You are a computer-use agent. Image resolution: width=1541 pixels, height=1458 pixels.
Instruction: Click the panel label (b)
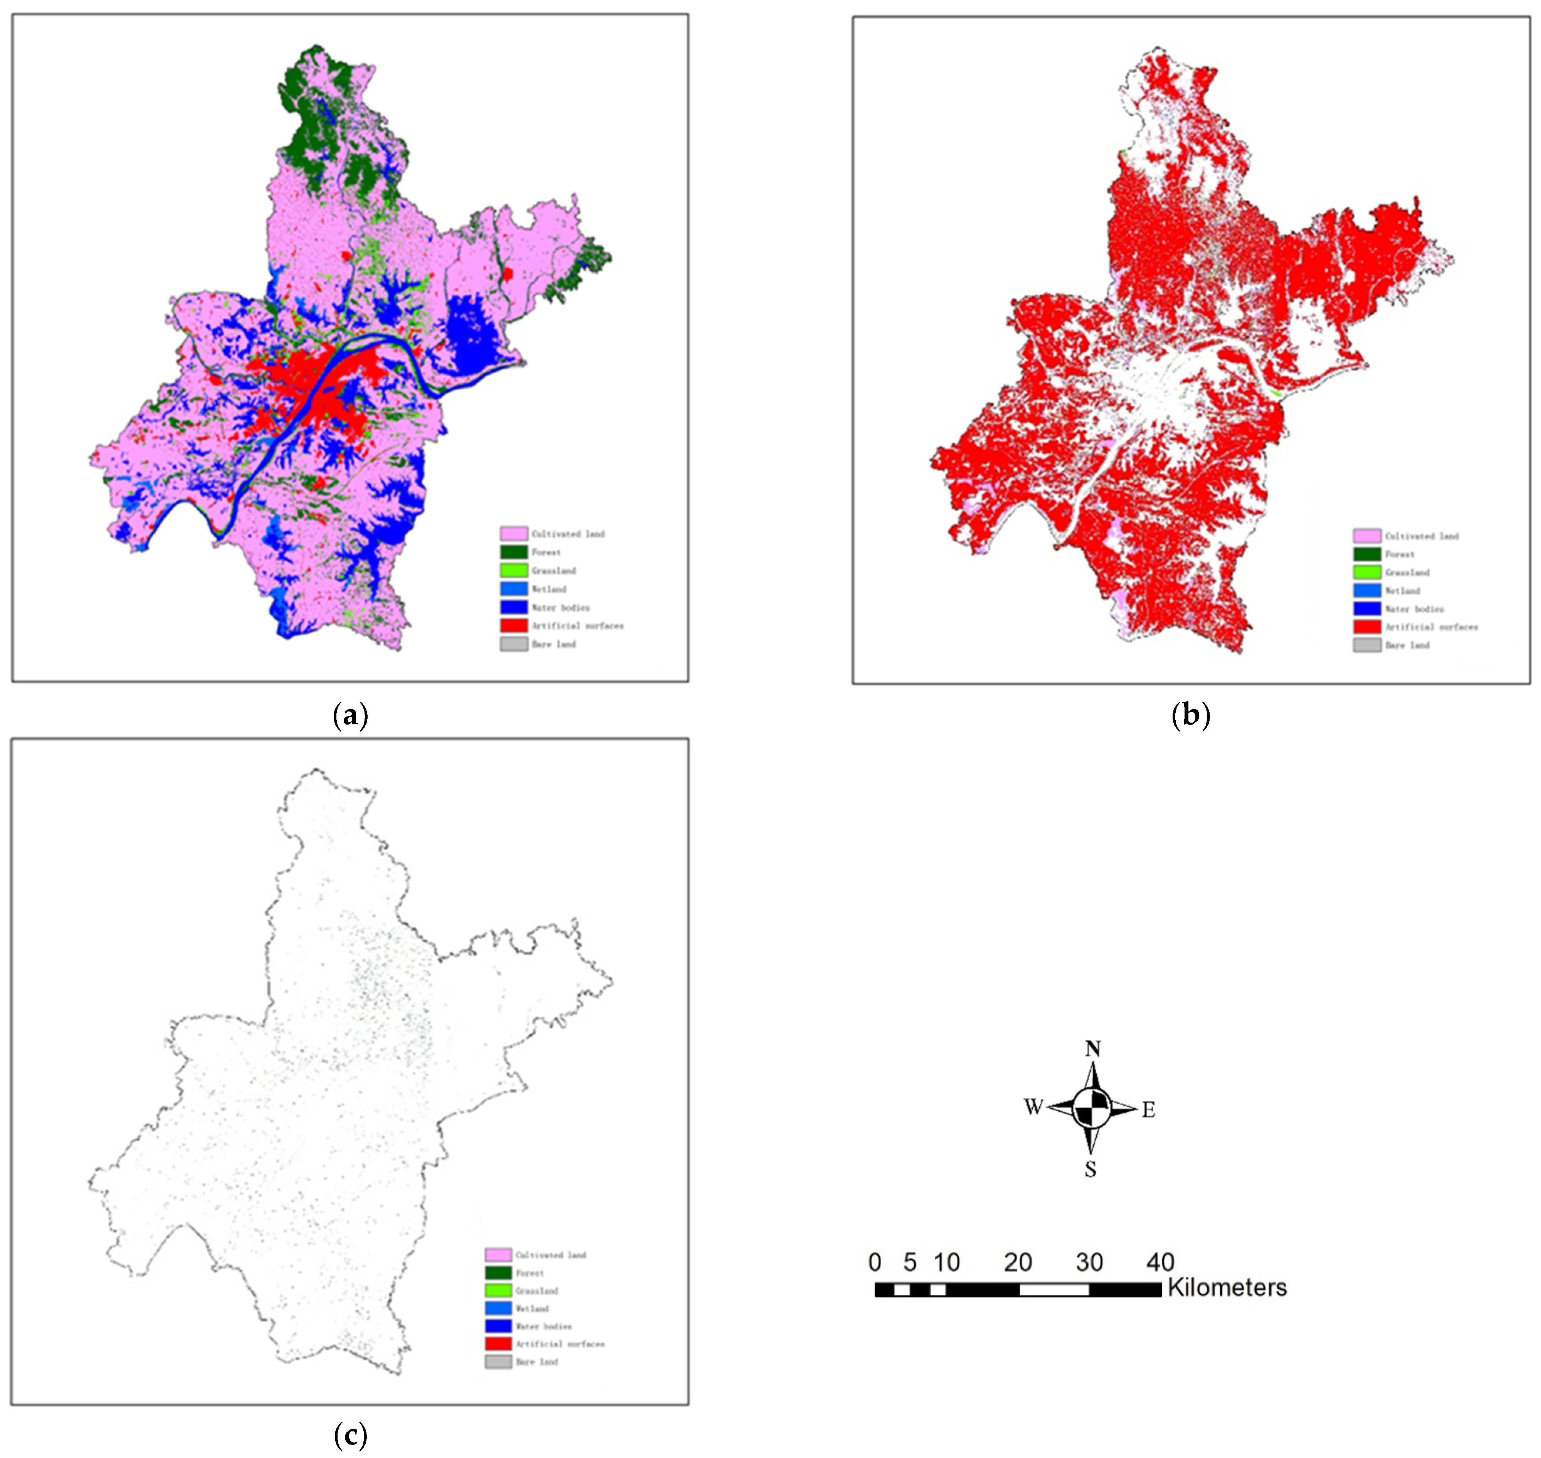point(1190,714)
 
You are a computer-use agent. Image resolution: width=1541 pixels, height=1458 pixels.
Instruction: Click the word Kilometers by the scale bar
point(1227,1288)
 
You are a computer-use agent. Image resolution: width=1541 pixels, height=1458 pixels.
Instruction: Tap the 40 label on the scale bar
point(1160,1261)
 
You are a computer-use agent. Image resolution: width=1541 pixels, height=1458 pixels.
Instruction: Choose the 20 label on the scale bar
point(1017,1261)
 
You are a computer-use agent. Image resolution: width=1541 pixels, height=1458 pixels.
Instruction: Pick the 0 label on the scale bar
point(876,1261)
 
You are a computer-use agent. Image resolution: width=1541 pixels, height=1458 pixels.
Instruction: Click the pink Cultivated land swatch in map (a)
point(513,534)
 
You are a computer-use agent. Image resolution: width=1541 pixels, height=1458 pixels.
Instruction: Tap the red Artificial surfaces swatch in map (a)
point(513,625)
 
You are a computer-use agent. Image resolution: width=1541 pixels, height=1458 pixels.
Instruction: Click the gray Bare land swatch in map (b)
point(1367,645)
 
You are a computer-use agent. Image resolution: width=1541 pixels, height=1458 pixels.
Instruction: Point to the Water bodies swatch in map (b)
point(1367,608)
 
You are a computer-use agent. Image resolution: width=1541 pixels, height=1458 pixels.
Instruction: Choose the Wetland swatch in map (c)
point(498,1309)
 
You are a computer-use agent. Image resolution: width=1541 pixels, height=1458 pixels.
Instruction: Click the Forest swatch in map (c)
point(498,1273)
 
